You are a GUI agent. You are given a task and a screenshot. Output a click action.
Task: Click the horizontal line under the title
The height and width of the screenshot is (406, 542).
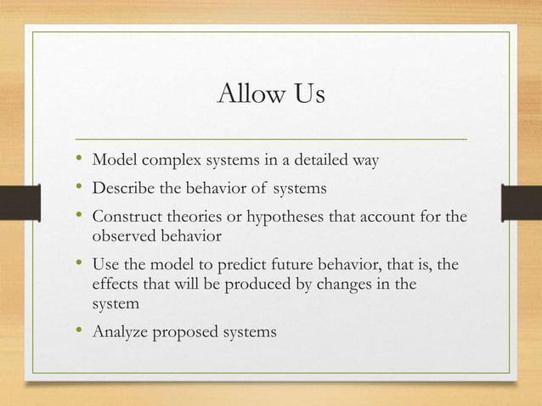click(271, 138)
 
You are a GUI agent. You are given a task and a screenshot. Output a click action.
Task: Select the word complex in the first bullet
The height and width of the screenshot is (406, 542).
click(164, 159)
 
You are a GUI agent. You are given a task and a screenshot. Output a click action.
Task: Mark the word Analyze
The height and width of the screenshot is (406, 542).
click(121, 331)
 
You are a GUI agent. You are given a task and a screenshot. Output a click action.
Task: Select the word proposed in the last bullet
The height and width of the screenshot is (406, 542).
click(185, 331)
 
